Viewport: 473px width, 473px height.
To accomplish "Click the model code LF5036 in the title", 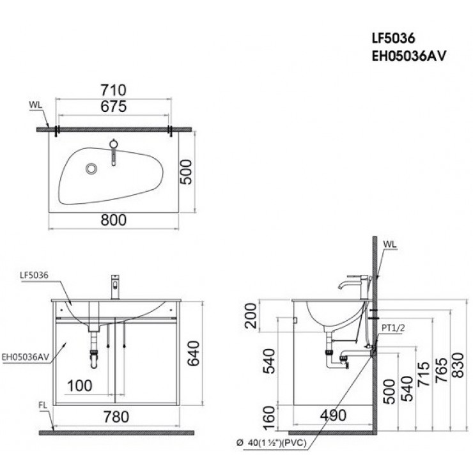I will click(x=391, y=39).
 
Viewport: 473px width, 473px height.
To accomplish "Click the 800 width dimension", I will click(x=114, y=219).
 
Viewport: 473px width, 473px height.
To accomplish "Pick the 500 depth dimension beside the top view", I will click(x=186, y=171).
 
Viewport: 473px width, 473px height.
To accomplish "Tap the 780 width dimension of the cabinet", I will click(x=115, y=417).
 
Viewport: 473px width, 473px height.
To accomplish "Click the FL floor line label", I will click(x=42, y=405).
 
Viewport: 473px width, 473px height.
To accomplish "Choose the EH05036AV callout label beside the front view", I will click(x=25, y=357).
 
